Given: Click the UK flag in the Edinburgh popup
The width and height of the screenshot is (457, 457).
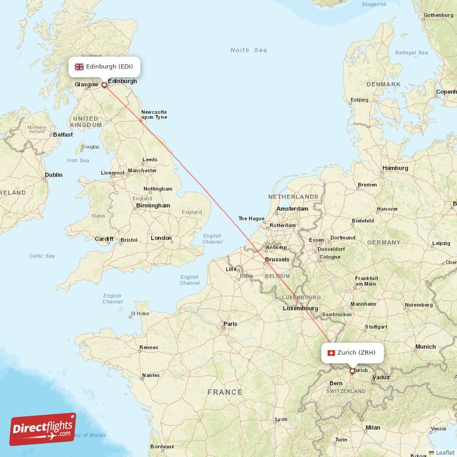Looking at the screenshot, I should tap(79, 67).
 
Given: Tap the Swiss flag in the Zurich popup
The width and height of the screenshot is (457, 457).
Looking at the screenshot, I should tap(330, 352).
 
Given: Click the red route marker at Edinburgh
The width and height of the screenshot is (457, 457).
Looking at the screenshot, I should tap(104, 86).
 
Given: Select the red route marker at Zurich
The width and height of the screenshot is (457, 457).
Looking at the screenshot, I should tap(352, 371).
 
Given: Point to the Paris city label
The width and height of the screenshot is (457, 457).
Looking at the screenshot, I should tap(230, 324).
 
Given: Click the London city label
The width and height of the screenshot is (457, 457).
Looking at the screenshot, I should tap(161, 238).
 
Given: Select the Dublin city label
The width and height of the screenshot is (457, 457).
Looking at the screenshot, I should tap(54, 175).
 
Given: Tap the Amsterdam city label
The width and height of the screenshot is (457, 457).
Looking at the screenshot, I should tap(292, 209).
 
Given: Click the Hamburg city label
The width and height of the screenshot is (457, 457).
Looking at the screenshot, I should tap(395, 168).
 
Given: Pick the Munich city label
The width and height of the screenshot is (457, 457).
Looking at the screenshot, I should tap(426, 347).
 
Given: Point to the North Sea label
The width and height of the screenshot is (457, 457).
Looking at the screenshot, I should tap(248, 50).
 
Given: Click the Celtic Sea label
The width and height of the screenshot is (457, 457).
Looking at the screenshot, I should tap(42, 256).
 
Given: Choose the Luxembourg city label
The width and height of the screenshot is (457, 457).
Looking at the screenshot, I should tap(300, 308).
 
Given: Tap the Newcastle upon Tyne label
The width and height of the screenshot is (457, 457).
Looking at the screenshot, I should tap(154, 114).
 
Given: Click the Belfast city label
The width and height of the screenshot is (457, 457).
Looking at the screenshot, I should tap(62, 134).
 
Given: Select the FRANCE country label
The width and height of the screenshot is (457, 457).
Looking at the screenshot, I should tap(225, 392).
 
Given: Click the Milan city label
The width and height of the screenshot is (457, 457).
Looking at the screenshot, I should tap(372, 427).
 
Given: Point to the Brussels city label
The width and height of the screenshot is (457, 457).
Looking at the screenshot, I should tap(276, 259).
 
